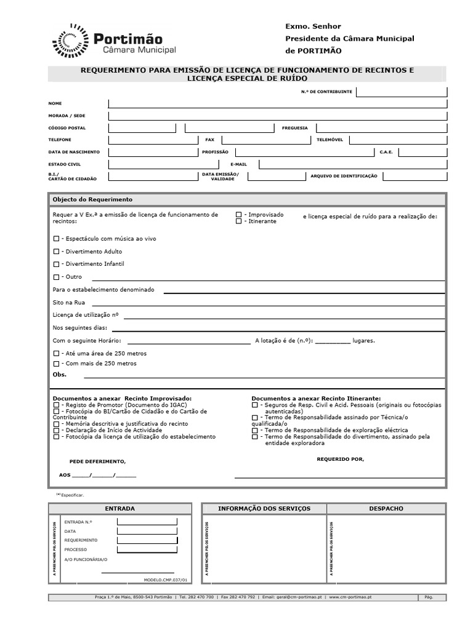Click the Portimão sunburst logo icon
coord(71,40)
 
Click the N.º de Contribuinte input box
coord(401,92)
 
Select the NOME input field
coord(277,103)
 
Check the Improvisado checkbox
coord(238,215)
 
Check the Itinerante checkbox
coord(238,221)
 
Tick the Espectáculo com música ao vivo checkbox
coord(56,237)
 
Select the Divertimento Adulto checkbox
coord(56,252)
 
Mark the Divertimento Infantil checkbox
coord(56,264)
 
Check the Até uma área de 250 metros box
coord(56,354)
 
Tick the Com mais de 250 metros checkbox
coord(56,364)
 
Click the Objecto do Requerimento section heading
coord(92,200)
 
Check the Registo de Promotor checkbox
coord(56,406)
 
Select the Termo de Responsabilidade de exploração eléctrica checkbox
coord(255,431)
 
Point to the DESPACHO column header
coord(386,509)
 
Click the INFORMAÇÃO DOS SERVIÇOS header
coord(264,509)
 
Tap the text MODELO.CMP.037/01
coord(164,580)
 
